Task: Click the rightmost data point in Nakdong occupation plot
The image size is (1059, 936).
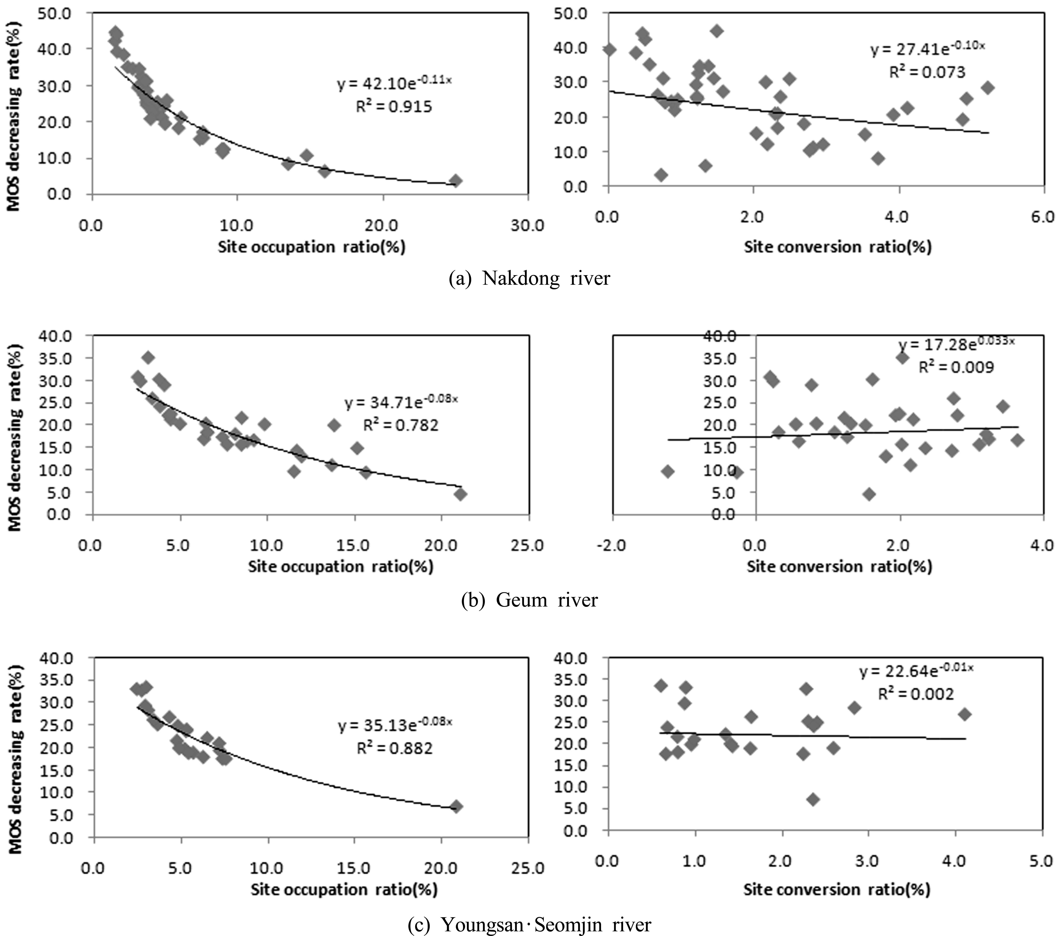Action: pos(455,180)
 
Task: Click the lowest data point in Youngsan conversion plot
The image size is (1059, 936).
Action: pos(813,799)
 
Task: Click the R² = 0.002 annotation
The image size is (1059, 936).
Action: pos(915,694)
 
